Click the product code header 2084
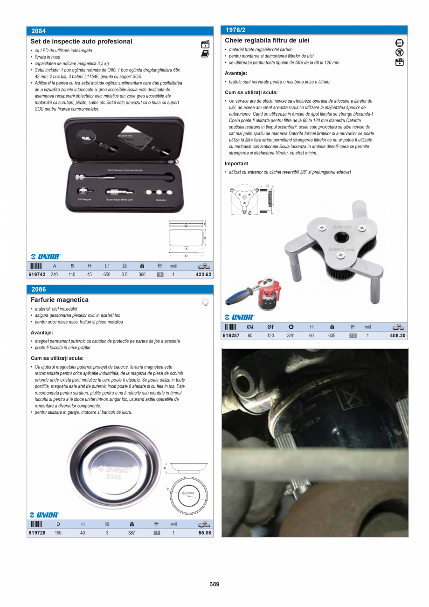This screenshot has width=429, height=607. (38, 31)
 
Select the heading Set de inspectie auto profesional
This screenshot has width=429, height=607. (81, 42)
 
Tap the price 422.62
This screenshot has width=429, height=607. (203, 275)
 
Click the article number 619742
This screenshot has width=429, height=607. (37, 275)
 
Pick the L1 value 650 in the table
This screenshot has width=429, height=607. (107, 275)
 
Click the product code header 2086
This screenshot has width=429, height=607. (38, 290)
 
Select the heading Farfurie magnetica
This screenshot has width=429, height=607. (59, 300)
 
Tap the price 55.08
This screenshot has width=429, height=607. (205, 533)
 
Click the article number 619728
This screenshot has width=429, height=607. (37, 533)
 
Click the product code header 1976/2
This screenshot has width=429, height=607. (235, 30)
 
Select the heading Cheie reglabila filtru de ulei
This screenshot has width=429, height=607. (267, 41)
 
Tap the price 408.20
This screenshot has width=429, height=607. (397, 335)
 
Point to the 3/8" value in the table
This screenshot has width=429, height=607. (291, 335)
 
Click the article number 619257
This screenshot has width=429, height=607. (231, 335)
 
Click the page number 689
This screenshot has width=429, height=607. (214, 584)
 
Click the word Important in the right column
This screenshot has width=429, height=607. (236, 164)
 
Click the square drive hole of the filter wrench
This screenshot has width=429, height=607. (339, 238)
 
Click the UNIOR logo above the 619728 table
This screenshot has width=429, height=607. (45, 515)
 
